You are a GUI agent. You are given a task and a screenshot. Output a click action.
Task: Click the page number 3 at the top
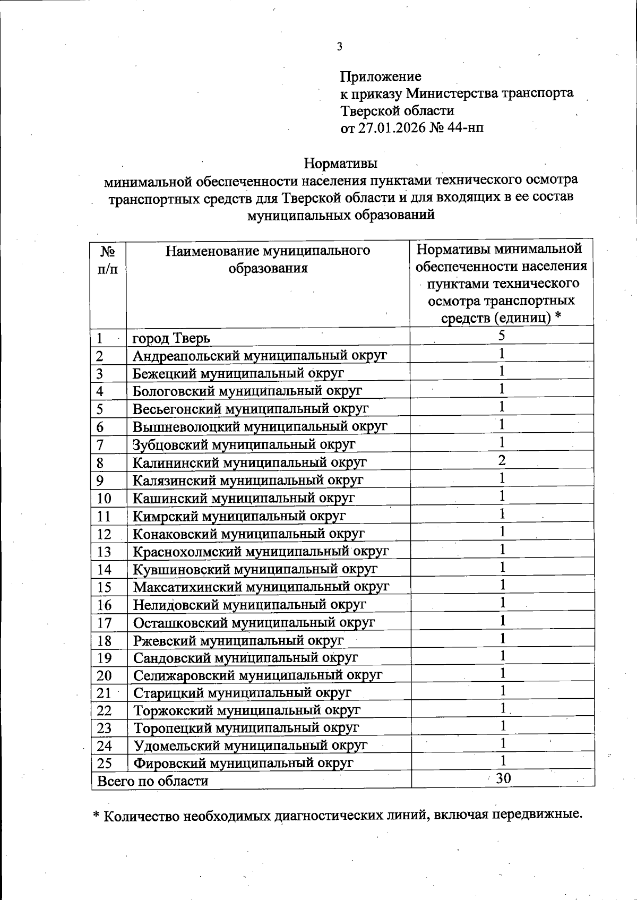tap(339, 47)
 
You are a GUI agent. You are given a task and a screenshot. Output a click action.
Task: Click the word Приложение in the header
tap(381, 76)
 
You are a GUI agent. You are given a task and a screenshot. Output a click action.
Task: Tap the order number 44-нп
tap(466, 128)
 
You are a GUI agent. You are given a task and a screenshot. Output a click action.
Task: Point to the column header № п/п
tap(108, 259)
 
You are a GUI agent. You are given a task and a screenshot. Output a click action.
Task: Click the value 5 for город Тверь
tap(501, 335)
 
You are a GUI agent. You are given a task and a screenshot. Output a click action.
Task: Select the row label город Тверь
tap(171, 338)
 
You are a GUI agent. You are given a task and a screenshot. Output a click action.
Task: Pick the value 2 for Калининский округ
tap(501, 460)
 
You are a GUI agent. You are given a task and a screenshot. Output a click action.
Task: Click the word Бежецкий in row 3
tap(165, 373)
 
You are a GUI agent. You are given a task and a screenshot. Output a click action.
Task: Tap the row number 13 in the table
tap(104, 552)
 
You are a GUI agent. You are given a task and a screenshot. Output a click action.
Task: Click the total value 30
tap(503, 778)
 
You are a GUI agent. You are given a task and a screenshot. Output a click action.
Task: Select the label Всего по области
tap(152, 781)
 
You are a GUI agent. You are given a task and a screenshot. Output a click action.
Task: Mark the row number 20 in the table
tap(104, 676)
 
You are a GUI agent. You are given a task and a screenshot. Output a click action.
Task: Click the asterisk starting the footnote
tap(96, 816)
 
